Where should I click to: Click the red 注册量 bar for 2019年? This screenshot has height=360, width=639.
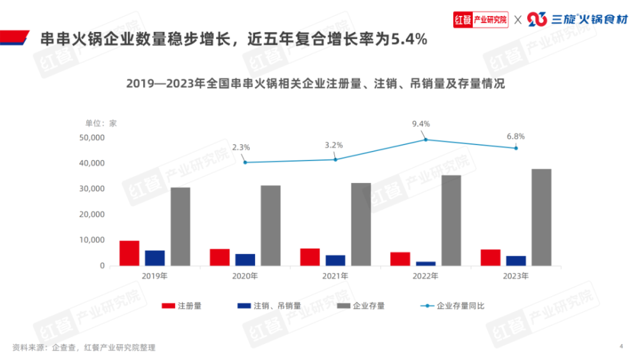point(129,253)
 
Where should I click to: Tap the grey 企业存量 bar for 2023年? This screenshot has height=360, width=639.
point(541,217)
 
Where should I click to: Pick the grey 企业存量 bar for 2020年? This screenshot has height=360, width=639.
point(270,226)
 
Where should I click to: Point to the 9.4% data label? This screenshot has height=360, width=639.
point(421,123)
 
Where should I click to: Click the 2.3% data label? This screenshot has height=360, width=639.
point(241,147)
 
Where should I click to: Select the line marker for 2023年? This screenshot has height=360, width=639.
point(516,148)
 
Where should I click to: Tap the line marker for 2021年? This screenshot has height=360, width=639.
point(335,159)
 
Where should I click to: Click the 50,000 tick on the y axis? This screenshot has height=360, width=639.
point(91,137)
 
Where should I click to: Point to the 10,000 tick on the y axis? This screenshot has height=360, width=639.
point(91,240)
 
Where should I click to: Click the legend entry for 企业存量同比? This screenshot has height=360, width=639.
point(452,306)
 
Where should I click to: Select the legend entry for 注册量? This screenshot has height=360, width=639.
point(183,306)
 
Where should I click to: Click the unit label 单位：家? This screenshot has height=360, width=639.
point(101,123)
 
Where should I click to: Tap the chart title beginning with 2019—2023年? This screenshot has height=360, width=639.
point(315,84)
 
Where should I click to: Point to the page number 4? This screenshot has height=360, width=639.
point(621,346)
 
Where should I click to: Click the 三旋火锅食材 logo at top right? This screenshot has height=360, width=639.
point(573,19)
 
